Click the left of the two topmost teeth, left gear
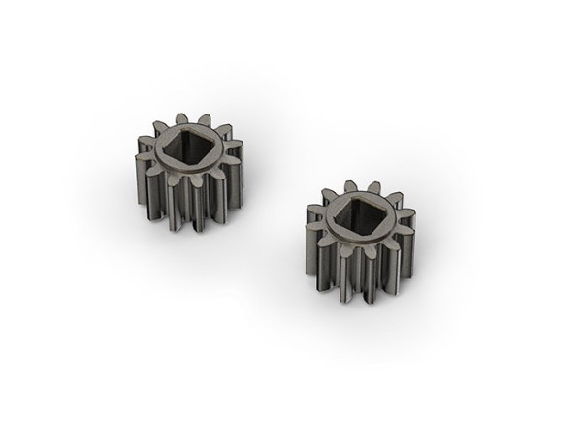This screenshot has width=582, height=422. [x=180, y=118]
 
